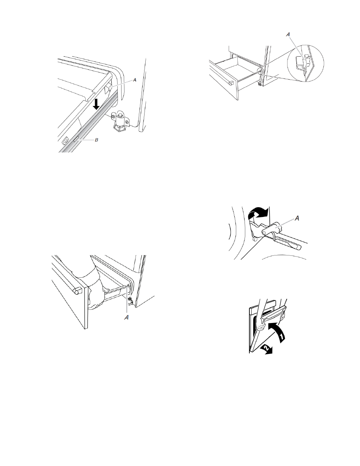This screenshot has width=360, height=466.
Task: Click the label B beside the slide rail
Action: [x=97, y=140]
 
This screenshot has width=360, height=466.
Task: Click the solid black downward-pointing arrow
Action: [x=96, y=104]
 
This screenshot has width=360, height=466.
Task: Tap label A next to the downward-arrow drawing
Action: [x=135, y=80]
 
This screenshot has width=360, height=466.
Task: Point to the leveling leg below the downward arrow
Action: [x=120, y=121]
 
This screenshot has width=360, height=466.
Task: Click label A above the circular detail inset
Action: [x=288, y=35]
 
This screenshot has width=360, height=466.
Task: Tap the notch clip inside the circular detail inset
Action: [x=303, y=62]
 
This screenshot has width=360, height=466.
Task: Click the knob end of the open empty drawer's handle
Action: [x=231, y=83]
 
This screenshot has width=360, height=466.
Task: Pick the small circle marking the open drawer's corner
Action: [x=259, y=71]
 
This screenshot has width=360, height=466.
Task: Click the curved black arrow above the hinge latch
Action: [x=258, y=212]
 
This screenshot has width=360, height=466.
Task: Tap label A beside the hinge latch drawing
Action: [x=297, y=218]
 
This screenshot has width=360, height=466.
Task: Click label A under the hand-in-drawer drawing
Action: [x=126, y=317]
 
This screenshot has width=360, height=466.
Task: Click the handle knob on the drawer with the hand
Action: [x=77, y=291]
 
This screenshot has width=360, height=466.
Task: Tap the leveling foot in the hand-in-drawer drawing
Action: [x=130, y=301]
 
